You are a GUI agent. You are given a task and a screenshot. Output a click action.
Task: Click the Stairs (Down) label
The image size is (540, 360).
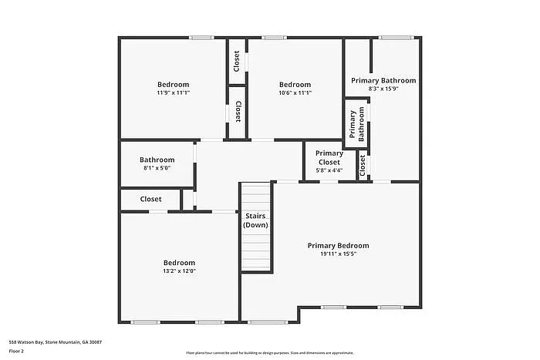pyautogui.click(x=255, y=220)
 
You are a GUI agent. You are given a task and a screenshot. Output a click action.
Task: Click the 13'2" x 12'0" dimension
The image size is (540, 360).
pyautogui.click(x=179, y=271)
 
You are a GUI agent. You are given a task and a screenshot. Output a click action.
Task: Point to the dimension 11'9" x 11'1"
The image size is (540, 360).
pyautogui.click(x=174, y=93)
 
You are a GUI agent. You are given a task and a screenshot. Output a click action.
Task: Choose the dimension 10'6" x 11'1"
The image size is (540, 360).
pyautogui.click(x=295, y=93)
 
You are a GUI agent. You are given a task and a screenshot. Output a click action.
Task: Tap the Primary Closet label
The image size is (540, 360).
pyautogui.click(x=329, y=157)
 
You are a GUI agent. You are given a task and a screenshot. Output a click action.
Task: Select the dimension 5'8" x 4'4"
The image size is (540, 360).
pyautogui.click(x=329, y=170)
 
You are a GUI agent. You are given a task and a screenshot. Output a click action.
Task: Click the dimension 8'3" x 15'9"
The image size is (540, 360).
pyautogui.click(x=383, y=89)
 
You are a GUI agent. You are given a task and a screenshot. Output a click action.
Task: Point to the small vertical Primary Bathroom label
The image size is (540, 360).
pyautogui.click(x=356, y=124)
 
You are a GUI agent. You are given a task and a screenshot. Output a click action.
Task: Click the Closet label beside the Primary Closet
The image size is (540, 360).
pyautogui.click(x=363, y=166)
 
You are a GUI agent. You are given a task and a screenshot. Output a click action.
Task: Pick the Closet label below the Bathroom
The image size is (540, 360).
pyautogui.click(x=150, y=199)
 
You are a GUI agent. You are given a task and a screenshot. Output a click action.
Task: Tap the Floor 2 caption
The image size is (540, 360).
pyautogui.click(x=17, y=351)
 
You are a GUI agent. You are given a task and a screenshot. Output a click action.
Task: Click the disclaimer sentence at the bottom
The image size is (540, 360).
pyautogui.click(x=269, y=352)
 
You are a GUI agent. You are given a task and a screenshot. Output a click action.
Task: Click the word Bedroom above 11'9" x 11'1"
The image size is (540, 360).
pyautogui.click(x=174, y=84)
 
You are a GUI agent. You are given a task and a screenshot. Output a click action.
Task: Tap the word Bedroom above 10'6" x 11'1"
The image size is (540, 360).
pyautogui.click(x=295, y=84)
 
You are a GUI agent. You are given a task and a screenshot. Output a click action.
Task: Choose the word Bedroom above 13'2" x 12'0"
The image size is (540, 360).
pyautogui.click(x=179, y=263)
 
